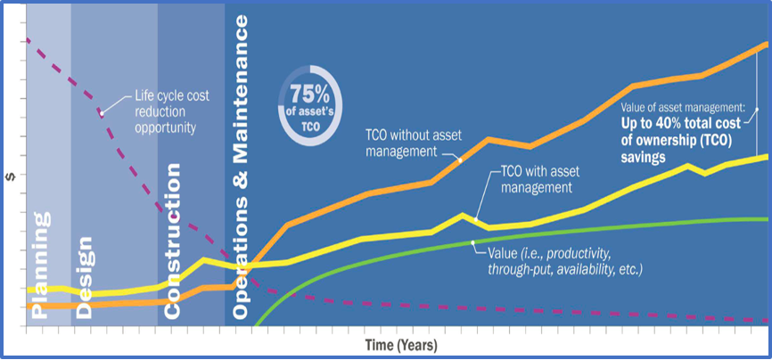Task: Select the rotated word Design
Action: [x=86, y=276]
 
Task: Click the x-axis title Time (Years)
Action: [x=399, y=344]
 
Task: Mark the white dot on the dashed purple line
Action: [x=102, y=113]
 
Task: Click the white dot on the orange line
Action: [x=460, y=160]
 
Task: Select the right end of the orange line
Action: [x=768, y=43]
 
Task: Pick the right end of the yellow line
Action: [x=768, y=156]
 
